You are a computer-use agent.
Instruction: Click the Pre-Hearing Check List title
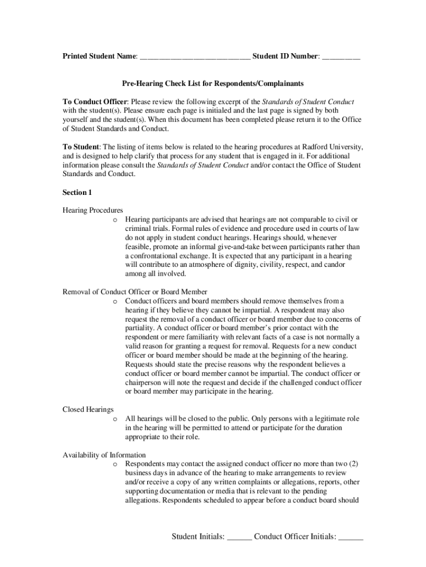pos(213,84)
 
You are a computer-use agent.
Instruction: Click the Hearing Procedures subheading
pos(92,210)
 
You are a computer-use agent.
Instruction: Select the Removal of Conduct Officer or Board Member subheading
pos(135,292)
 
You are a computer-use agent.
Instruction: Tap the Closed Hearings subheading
pos(88,409)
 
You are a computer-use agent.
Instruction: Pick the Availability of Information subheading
pos(104,455)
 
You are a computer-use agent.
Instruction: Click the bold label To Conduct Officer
pos(95,102)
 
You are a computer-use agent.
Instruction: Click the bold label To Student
pos(81,147)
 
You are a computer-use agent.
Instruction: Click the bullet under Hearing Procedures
pos(115,220)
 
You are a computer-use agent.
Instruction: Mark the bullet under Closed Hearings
pos(115,419)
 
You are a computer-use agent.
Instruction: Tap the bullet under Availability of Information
pos(115,464)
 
